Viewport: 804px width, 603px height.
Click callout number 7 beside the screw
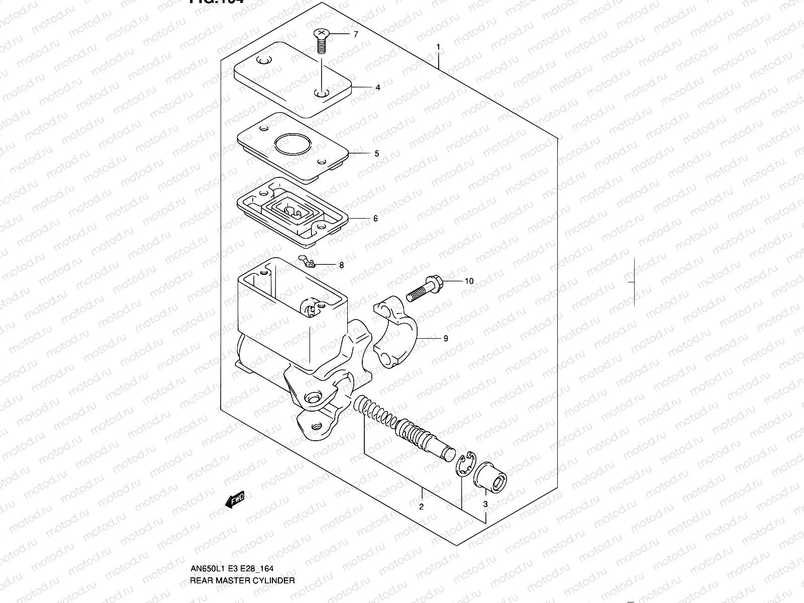pos(355,35)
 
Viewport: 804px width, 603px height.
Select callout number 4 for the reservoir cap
pos(377,87)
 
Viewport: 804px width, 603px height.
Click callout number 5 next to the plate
pos(376,154)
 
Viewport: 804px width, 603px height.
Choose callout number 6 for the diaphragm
pos(375,219)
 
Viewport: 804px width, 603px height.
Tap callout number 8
pos(341,265)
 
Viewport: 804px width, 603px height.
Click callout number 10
pos(468,281)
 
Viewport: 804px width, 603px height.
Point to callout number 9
pos(445,339)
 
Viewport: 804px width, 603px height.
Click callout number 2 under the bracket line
pos(421,507)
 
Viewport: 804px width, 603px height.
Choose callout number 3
pos(485,504)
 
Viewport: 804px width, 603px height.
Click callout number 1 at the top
pos(438,47)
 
